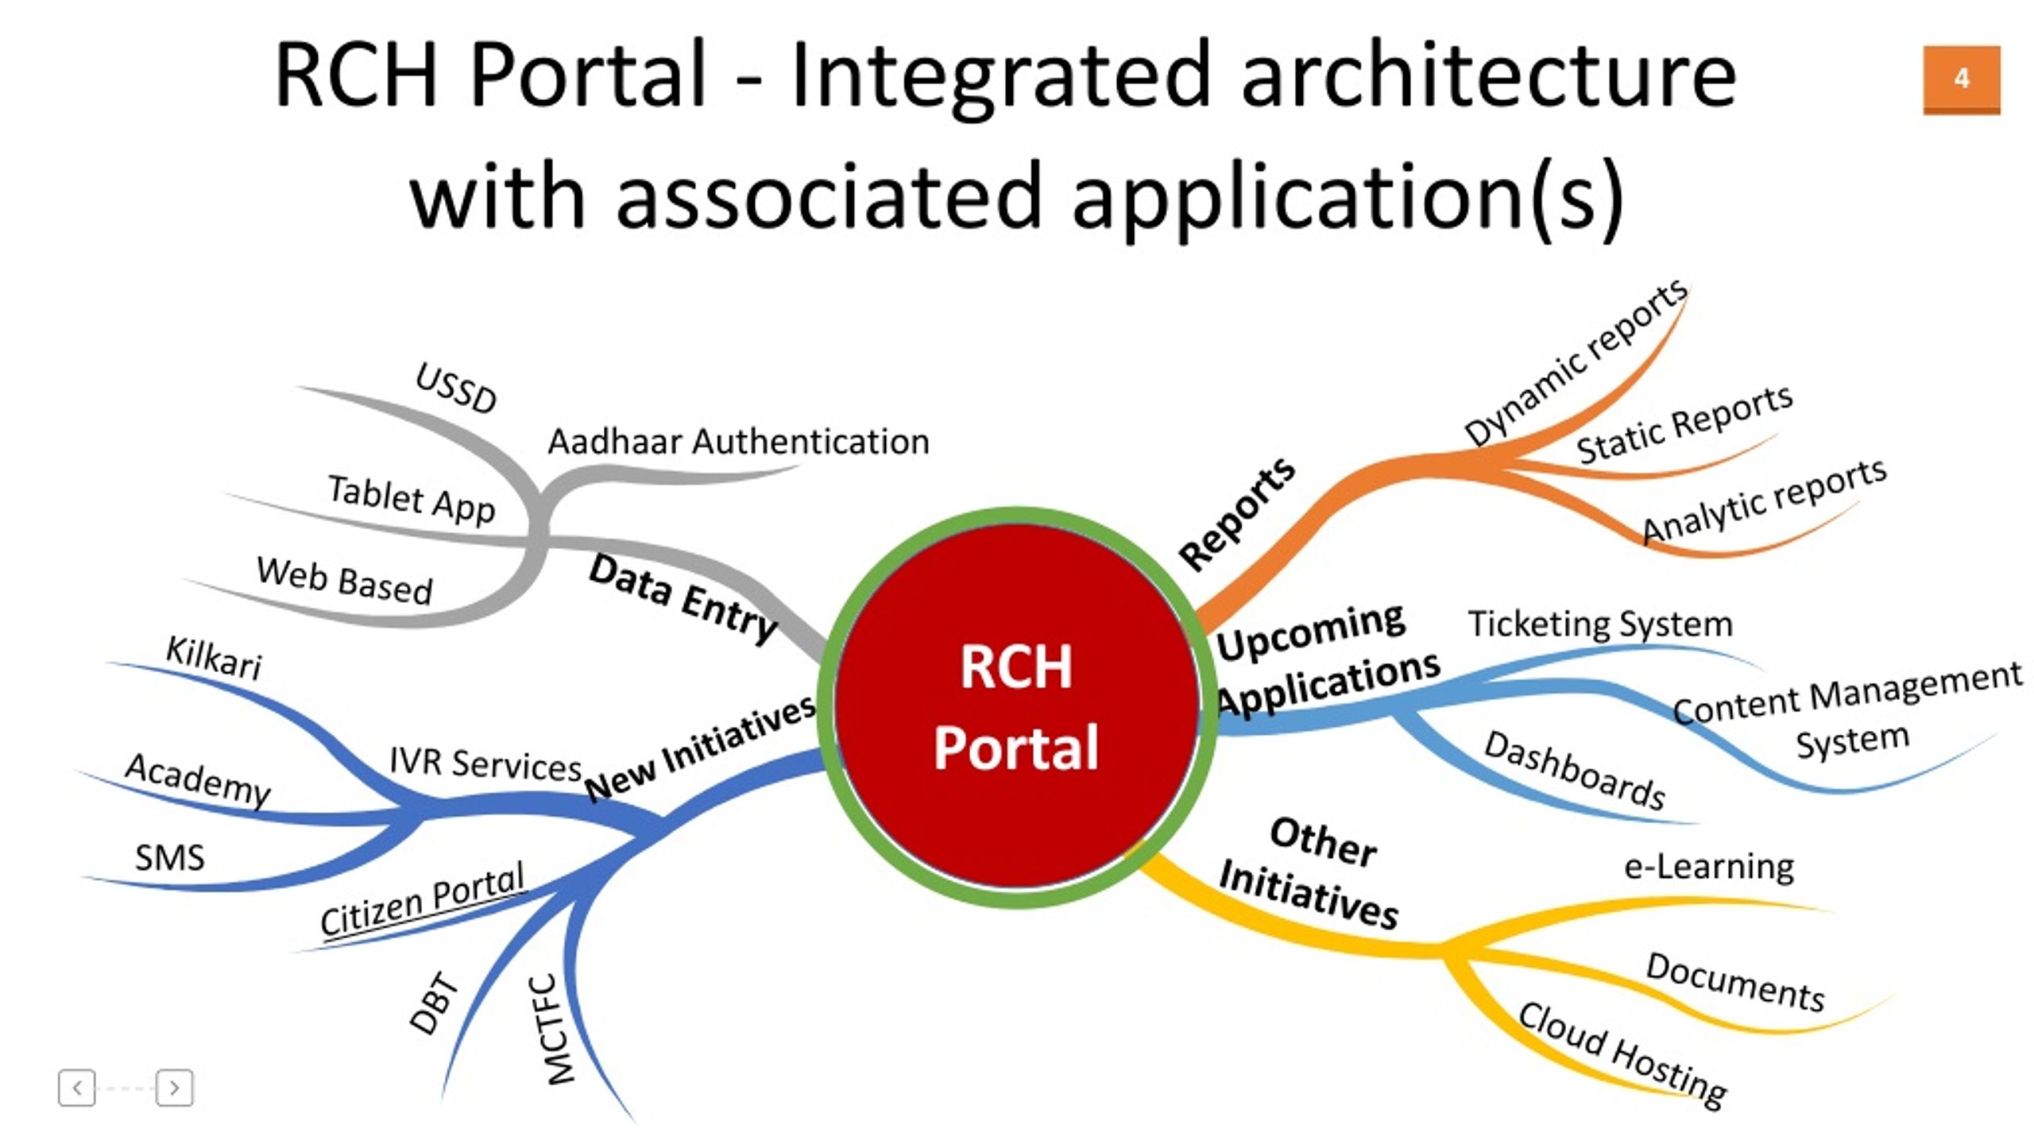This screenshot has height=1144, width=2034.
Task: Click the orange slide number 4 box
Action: [x=1961, y=79]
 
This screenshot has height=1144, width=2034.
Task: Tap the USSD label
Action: [x=456, y=388]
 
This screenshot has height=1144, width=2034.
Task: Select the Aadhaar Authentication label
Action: [x=738, y=442]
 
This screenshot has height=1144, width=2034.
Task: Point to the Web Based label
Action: [x=345, y=581]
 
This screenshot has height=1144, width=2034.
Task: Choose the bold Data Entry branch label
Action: [x=683, y=598]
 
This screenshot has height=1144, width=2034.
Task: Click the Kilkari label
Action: [x=213, y=658]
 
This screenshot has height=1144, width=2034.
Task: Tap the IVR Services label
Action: [x=485, y=763]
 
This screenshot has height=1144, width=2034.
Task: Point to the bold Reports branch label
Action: [x=1236, y=513]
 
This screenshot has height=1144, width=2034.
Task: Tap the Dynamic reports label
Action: [x=1576, y=362]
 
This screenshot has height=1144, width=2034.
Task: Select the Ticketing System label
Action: [x=1600, y=624]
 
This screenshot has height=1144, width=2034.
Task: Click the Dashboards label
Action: [x=1575, y=770]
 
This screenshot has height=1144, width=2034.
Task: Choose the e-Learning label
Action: [x=1709, y=866]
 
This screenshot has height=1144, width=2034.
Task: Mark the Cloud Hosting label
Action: [x=1622, y=1055]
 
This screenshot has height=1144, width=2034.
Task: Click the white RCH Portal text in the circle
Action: [x=1016, y=706]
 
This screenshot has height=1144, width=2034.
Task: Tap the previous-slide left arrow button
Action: [x=77, y=1087]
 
